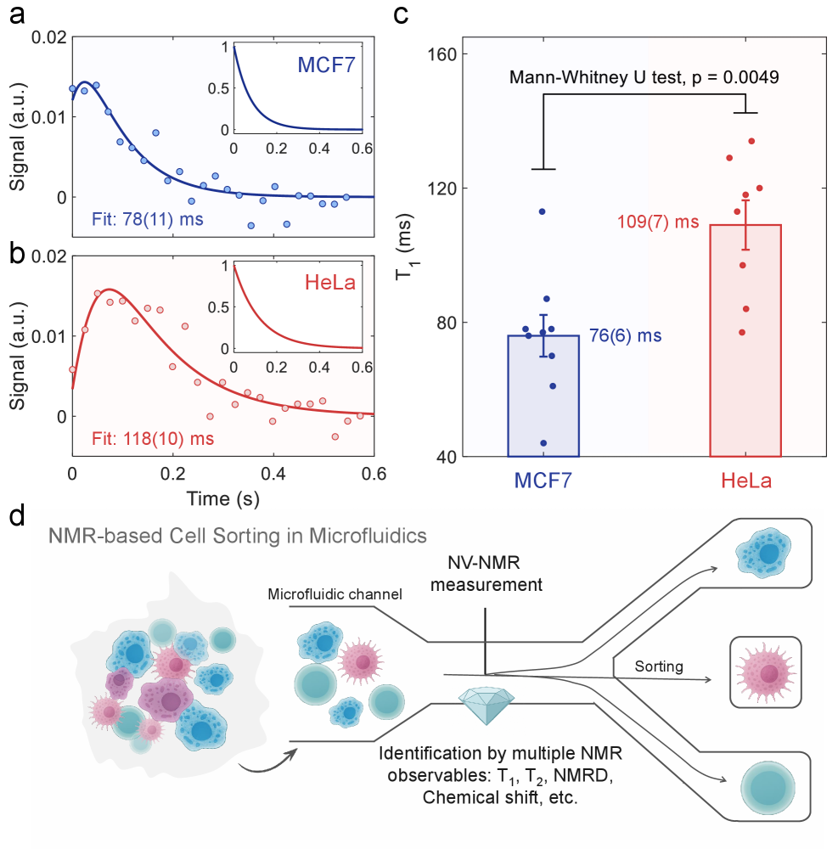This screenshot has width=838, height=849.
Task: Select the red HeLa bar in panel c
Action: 745,340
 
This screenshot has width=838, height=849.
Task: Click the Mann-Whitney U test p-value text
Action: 644,77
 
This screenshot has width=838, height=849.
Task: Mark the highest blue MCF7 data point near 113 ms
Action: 542,211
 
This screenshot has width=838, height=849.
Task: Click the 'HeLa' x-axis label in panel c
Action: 745,480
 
